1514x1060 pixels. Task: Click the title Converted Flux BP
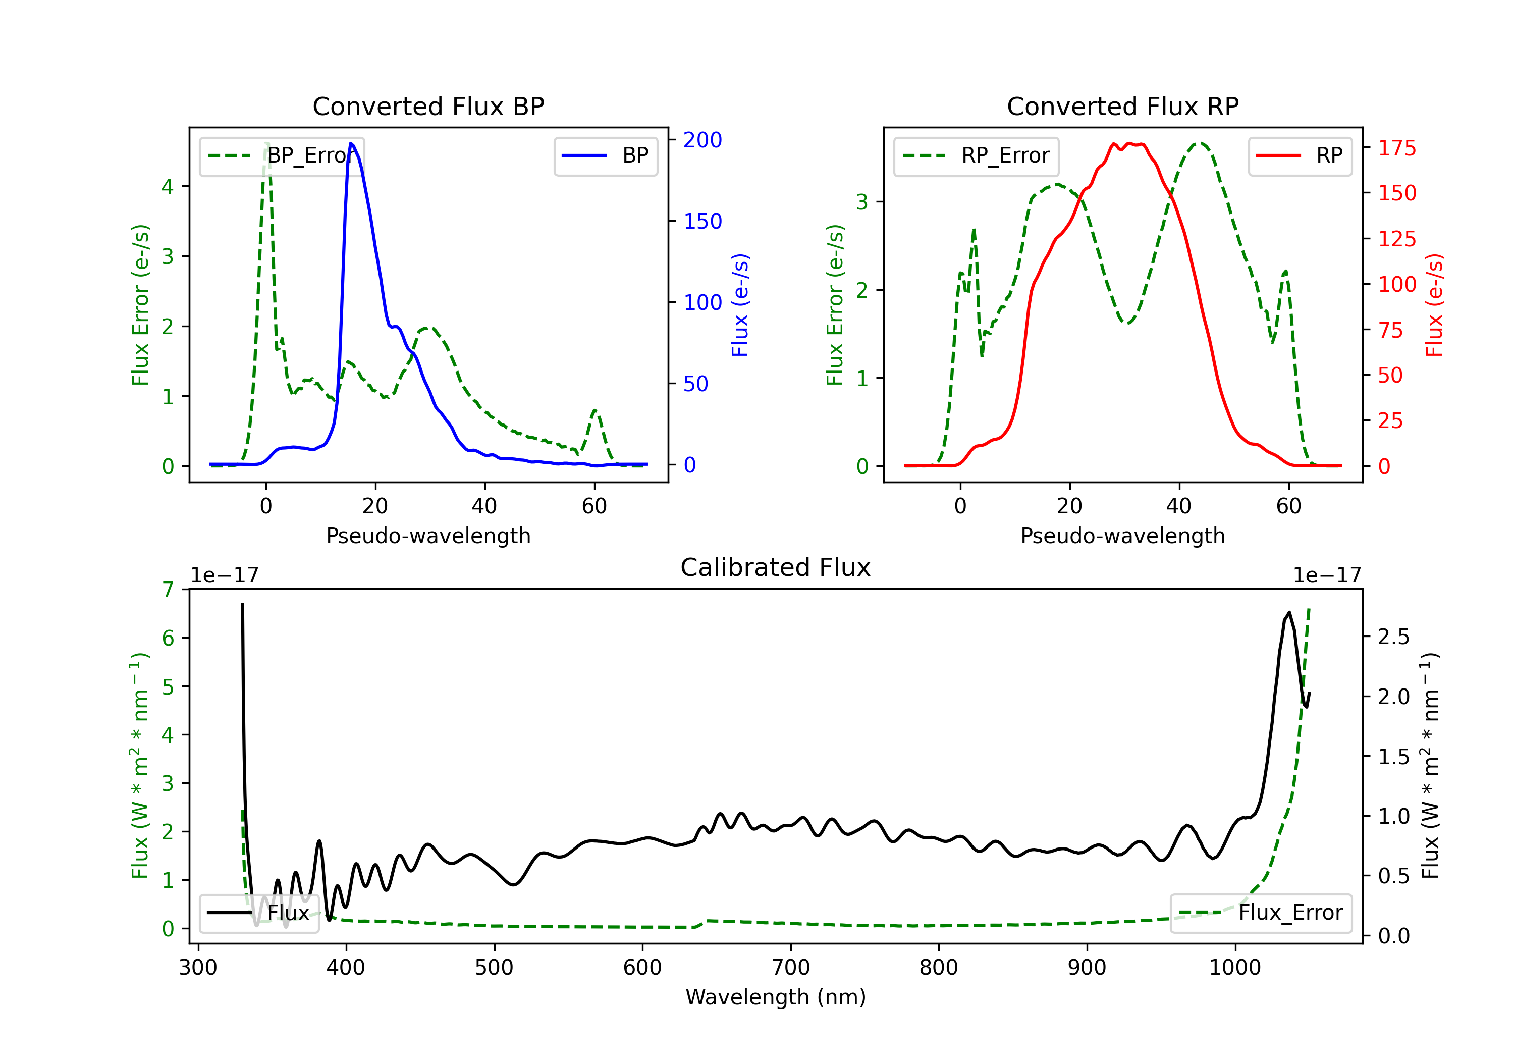[x=428, y=106]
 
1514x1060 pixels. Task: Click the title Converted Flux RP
[x=1122, y=106]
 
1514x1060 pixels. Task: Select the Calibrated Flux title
[x=776, y=567]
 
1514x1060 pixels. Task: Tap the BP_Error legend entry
[x=282, y=155]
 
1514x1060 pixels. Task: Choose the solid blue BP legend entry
[x=605, y=155]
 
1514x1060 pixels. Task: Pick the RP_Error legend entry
[x=976, y=155]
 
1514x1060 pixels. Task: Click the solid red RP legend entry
[x=1300, y=155]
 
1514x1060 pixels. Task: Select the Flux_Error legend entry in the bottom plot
[x=1261, y=913]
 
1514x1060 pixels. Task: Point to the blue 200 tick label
[x=702, y=140]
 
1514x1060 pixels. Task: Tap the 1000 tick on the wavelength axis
[x=1235, y=968]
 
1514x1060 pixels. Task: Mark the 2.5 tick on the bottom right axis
[x=1393, y=637]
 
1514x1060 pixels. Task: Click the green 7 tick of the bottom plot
[x=168, y=589]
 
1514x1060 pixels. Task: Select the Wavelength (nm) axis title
[x=776, y=997]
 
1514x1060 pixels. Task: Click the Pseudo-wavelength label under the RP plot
[x=1122, y=536]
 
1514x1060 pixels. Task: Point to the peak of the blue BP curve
[x=351, y=143]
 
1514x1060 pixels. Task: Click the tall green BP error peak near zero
[x=266, y=143]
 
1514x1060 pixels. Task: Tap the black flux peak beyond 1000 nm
[x=1288, y=613]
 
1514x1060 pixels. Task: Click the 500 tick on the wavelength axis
[x=494, y=968]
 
